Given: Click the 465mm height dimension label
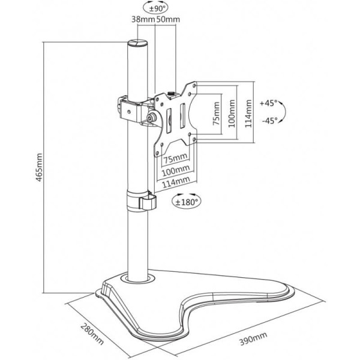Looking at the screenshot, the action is (x=40, y=167).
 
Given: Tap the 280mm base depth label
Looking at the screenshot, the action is (x=92, y=334).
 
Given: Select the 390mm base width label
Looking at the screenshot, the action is (x=253, y=338).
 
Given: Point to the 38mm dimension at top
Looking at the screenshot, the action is (x=143, y=19).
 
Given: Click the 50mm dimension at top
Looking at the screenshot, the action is (x=168, y=19).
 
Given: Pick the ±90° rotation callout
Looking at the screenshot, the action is (x=155, y=8).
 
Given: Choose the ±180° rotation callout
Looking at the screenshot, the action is (x=186, y=202).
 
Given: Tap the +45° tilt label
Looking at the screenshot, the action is (x=268, y=103).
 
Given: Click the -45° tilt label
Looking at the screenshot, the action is (x=270, y=120).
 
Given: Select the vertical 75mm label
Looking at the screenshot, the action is (x=216, y=113).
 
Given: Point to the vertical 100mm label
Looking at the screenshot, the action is (x=232, y=113).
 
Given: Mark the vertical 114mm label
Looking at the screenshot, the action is (x=248, y=113).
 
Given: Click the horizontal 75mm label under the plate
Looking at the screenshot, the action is (x=175, y=158).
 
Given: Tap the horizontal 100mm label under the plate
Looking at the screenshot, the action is (x=176, y=170).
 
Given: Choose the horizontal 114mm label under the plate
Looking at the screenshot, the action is (x=176, y=182).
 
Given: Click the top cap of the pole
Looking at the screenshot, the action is (x=137, y=43).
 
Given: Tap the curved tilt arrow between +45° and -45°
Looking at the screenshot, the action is (x=284, y=112).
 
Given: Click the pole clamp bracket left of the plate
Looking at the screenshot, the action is (x=130, y=109).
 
